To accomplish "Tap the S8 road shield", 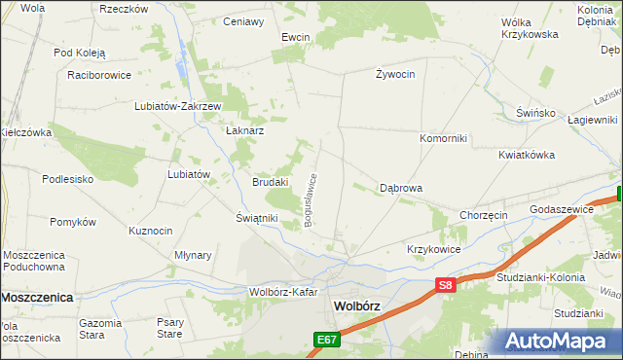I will (445, 285).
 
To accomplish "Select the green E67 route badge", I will (326, 340).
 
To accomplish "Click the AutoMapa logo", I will (563, 341).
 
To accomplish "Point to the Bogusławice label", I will (311, 200).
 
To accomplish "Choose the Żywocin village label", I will (395, 74).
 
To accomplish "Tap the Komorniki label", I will (443, 138).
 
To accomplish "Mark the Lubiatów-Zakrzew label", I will (180, 107).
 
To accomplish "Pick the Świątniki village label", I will (257, 218).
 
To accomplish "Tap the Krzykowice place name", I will (434, 249).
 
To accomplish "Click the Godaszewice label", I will (562, 209).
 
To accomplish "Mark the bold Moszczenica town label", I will (38, 298).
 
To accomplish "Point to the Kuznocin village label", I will (151, 231).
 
